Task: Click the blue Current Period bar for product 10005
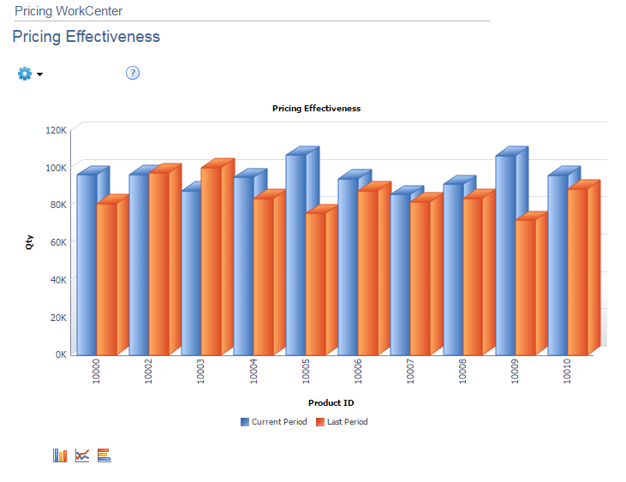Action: point(295,254)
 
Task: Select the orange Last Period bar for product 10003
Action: point(212,261)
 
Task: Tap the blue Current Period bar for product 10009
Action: point(505,254)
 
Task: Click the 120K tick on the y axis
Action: point(56,130)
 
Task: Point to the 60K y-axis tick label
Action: point(57,242)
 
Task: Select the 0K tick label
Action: point(59,354)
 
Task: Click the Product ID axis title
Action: point(331,402)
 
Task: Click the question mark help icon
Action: point(133,73)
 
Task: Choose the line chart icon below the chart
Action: point(82,455)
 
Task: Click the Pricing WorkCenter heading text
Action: point(69,11)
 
